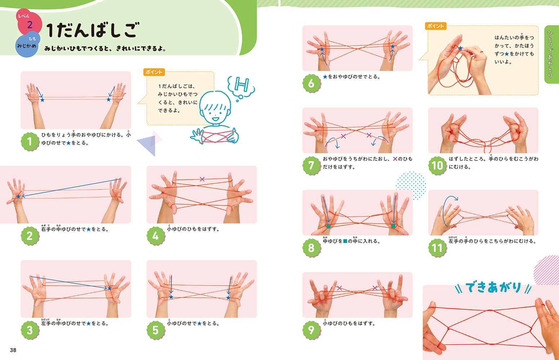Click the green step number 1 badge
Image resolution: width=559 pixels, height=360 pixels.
coord(30,141)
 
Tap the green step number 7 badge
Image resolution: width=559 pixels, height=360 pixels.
coord(312,165)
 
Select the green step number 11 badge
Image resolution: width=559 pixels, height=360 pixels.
coord(437,247)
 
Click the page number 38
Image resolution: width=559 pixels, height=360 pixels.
coord(13,350)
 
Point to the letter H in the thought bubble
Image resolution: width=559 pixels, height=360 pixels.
coord(241,84)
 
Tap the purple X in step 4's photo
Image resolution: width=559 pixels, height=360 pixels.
coord(202,179)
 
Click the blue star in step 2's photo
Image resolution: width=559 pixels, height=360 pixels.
coord(18,196)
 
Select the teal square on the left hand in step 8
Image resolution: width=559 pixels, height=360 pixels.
coord(328,226)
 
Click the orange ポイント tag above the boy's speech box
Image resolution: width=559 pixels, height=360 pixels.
coord(154,72)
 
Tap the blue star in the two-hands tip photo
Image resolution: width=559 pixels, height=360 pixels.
coord(460,48)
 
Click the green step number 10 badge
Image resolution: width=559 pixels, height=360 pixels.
coord(437,165)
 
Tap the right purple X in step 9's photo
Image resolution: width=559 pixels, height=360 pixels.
coord(375,288)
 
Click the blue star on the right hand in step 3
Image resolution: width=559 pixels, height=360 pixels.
coord(109,288)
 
